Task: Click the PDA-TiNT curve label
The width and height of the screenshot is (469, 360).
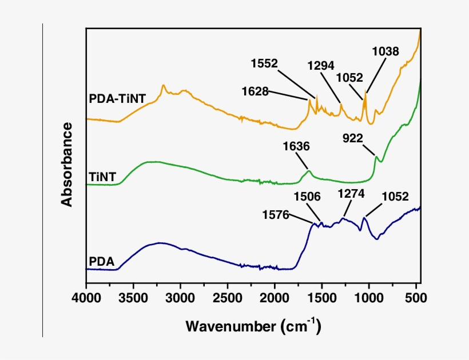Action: [x=117, y=98]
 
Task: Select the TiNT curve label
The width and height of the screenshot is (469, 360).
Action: [x=103, y=177]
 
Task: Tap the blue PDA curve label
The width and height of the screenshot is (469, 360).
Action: [x=102, y=263]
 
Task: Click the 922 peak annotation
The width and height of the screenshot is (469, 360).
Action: [x=354, y=138]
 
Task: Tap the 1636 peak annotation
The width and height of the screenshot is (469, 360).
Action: [x=296, y=146]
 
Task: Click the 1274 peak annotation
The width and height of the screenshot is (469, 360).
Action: [x=351, y=194]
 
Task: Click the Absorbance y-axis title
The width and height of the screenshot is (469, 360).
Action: [x=67, y=164]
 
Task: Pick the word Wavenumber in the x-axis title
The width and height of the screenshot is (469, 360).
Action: [x=230, y=327]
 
